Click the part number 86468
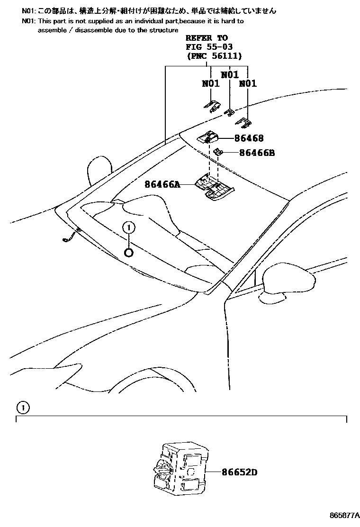pyautogui.click(x=249, y=138)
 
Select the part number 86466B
pyautogui.click(x=257, y=153)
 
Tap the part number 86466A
pyautogui.click(x=162, y=184)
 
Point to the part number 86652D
pyautogui.click(x=239, y=472)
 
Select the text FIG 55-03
pyautogui.click(x=209, y=47)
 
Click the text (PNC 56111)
pyautogui.click(x=215, y=56)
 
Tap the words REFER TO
pyautogui.click(x=207, y=38)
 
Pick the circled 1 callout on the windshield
pyautogui.click(x=129, y=228)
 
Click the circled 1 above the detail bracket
pyautogui.click(x=23, y=408)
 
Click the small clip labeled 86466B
pyautogui.click(x=219, y=152)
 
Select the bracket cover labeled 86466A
pyautogui.click(x=214, y=187)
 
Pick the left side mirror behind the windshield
pyautogui.click(x=99, y=171)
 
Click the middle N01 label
pyautogui.click(x=230, y=74)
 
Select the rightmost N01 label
pyautogui.click(x=248, y=83)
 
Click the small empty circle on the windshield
pyautogui.click(x=129, y=252)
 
